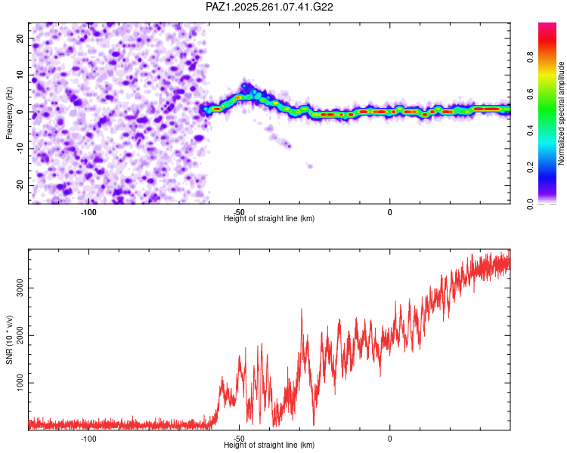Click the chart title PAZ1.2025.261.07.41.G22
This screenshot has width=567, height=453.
269,7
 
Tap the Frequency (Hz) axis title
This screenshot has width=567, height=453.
9,113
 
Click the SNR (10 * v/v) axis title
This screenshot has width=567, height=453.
9,340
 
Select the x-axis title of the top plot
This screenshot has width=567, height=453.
269,218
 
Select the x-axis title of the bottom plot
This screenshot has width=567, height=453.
269,445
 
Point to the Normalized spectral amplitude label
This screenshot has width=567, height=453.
561,113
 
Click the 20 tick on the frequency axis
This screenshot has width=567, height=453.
20,39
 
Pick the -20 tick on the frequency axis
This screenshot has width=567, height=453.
20,186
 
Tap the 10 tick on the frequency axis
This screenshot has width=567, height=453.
20,75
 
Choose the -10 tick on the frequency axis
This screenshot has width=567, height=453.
20,149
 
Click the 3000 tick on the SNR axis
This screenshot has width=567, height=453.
20,288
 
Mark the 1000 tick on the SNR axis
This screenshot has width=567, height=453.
20,383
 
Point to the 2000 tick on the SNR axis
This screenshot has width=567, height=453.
20,335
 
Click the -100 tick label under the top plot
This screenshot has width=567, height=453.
88,212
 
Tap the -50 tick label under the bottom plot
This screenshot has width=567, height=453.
239,439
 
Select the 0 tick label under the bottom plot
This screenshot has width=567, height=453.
390,439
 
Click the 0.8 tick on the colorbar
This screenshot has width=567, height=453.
530,57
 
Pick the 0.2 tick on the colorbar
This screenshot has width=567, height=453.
530,168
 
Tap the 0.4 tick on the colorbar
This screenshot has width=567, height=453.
530,131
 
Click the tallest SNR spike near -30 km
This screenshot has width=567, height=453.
302,310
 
